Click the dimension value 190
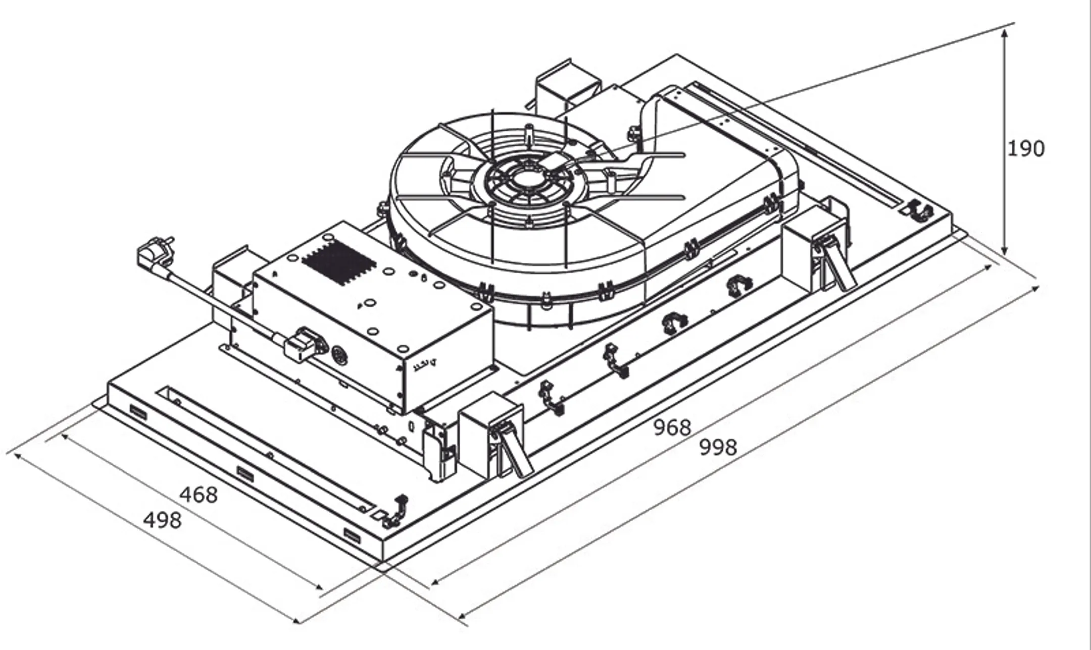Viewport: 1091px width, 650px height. coord(1025,149)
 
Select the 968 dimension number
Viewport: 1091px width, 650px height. coord(672,428)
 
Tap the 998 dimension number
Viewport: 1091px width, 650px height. coord(718,447)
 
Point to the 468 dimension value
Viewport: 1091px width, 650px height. coord(199,495)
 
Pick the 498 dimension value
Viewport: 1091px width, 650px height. coord(162,520)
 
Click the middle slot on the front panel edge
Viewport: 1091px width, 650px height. coord(245,473)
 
